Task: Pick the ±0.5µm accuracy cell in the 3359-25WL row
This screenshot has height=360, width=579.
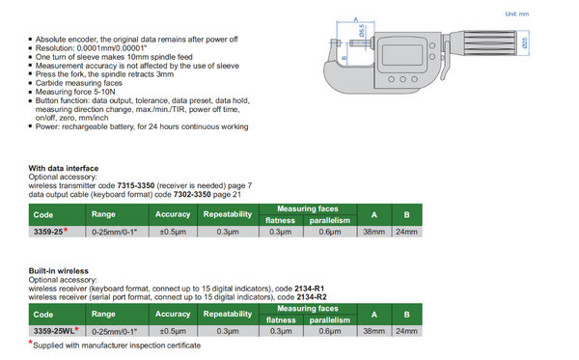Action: click(x=173, y=331)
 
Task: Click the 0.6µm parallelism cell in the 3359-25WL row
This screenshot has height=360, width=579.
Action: click(x=330, y=331)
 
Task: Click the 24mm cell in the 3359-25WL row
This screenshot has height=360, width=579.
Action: click(x=407, y=331)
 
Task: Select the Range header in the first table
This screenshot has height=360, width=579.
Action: click(x=103, y=214)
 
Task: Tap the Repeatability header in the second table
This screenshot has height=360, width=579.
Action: click(x=228, y=314)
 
